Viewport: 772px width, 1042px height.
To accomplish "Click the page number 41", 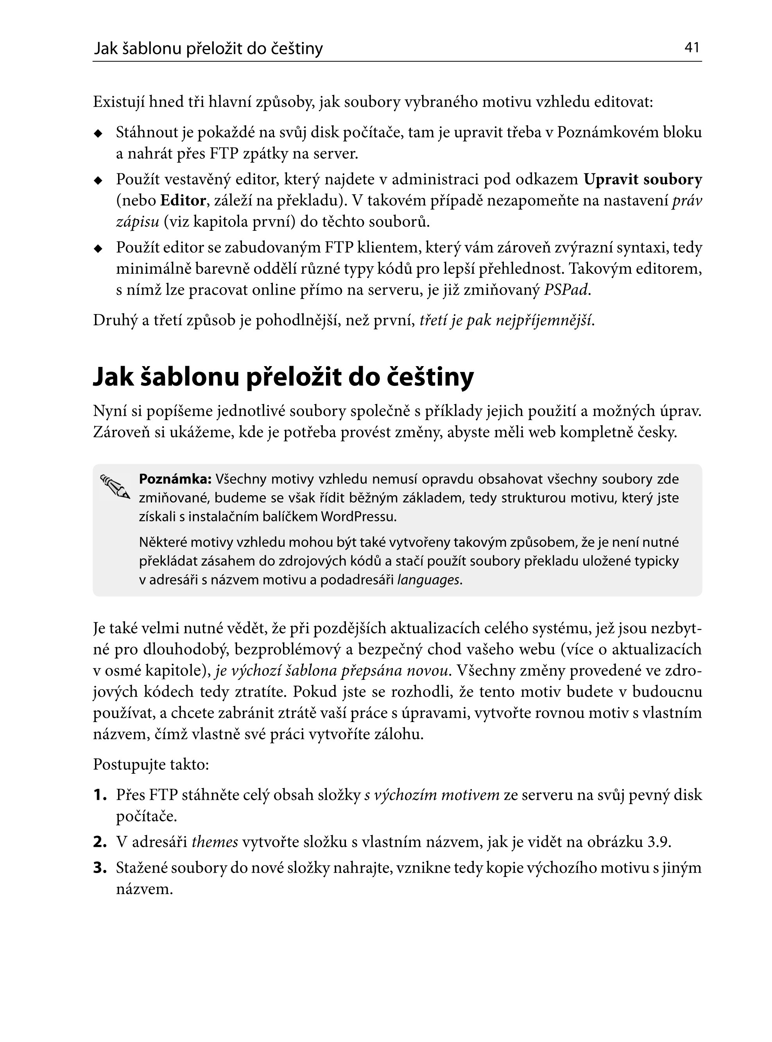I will point(691,47).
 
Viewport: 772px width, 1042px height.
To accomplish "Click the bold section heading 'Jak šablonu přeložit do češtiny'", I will point(283,377).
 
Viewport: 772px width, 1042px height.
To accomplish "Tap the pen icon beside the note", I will point(115,487).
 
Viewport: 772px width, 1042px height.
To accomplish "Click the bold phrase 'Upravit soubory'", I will point(643,179).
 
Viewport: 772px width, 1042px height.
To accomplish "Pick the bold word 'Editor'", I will point(183,201).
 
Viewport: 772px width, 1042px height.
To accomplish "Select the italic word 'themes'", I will point(215,842).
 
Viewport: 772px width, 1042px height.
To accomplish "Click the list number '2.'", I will point(100,842).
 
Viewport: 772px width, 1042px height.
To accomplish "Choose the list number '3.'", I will point(100,868).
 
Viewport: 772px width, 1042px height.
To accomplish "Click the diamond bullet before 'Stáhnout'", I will point(98,133).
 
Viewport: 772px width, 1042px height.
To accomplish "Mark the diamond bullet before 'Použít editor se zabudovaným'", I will point(98,248).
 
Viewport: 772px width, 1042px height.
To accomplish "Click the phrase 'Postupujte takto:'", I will point(150,765).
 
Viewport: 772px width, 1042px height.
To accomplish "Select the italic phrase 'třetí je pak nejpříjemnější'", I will point(507,320).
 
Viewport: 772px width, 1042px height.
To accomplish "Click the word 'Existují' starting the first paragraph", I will point(119,102).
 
